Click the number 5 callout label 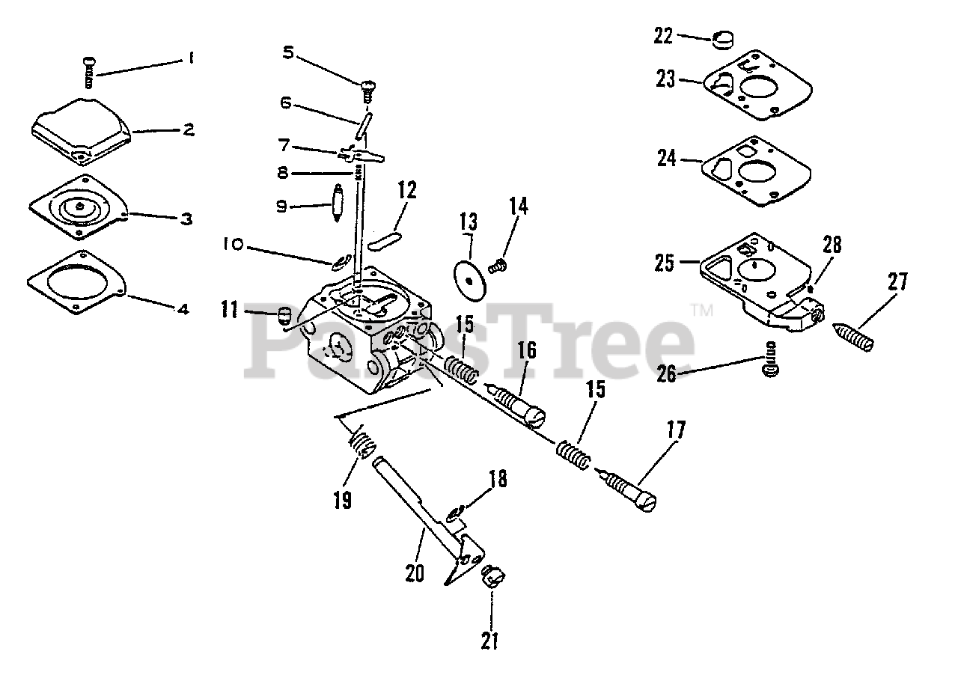click(x=289, y=52)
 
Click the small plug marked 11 click(x=284, y=316)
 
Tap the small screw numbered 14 click(x=496, y=265)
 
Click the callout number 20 click(x=414, y=573)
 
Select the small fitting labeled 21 click(x=491, y=578)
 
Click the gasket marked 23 click(x=755, y=91)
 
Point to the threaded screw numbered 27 click(x=854, y=334)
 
